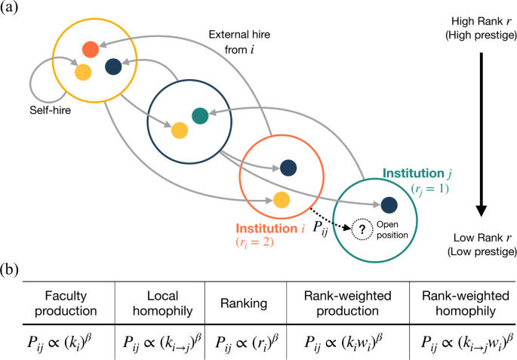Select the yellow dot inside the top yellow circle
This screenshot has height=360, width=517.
82,72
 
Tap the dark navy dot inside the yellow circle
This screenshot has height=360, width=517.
113,68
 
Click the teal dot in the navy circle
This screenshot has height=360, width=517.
200,115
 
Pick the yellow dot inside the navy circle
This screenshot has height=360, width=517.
179,130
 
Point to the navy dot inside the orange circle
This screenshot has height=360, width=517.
288,167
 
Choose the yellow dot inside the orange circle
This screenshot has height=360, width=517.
281,199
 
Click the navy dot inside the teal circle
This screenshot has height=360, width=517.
389,204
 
